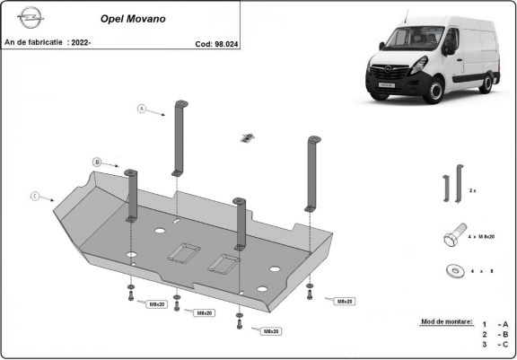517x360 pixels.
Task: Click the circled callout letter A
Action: tap(141, 109)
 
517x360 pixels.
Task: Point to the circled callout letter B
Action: tap(96, 161)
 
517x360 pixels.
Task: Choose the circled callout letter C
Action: tap(35, 195)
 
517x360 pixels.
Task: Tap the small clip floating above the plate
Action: tap(247, 136)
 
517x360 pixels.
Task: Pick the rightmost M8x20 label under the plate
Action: tap(344, 302)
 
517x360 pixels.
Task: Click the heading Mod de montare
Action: tap(444, 320)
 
